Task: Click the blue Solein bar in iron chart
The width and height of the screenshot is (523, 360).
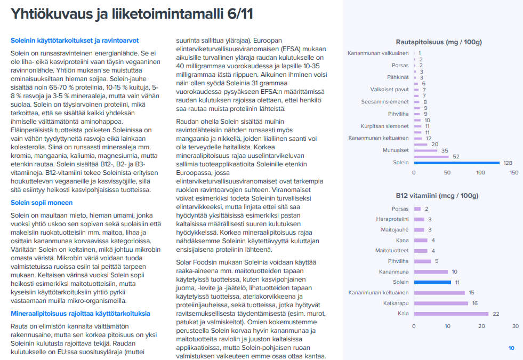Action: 456,163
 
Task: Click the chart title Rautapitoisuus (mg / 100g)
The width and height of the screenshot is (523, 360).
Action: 439,42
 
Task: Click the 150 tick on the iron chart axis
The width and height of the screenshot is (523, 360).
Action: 514,173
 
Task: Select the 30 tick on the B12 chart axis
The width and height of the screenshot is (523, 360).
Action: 515,326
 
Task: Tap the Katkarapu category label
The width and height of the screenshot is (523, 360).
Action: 395,303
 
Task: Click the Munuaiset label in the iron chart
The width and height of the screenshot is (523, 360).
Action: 396,150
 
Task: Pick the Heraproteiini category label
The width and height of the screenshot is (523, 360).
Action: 392,219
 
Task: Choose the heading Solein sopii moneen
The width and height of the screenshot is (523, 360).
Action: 42,203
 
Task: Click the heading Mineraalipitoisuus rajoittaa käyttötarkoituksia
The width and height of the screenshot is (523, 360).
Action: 81,314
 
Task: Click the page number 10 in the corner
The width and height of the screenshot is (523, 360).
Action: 511,348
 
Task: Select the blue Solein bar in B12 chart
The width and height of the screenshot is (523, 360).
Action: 432,282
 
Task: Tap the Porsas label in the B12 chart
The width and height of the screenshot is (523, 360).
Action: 400,209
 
